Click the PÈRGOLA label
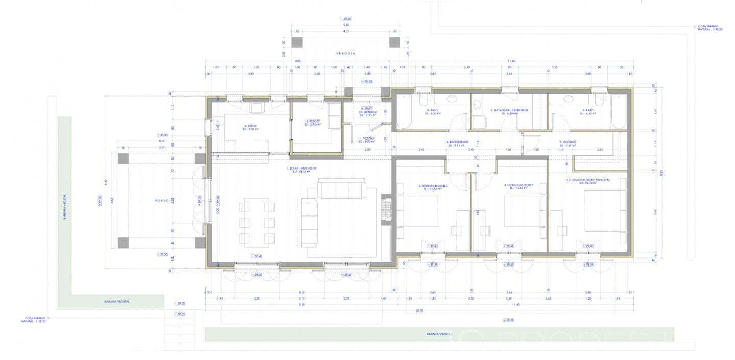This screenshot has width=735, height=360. [346, 53]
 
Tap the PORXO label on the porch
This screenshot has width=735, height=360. [162, 201]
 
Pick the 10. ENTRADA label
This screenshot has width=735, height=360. [367, 114]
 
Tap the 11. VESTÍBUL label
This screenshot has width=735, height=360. [366, 140]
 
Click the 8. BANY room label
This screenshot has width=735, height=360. [433, 112]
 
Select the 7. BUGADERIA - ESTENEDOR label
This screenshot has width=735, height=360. [509, 112]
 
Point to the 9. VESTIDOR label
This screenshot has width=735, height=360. [567, 143]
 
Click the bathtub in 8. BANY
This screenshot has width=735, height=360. [404, 112]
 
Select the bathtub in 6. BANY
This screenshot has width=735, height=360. [619, 112]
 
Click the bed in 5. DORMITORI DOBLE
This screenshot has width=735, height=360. [417, 210]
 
